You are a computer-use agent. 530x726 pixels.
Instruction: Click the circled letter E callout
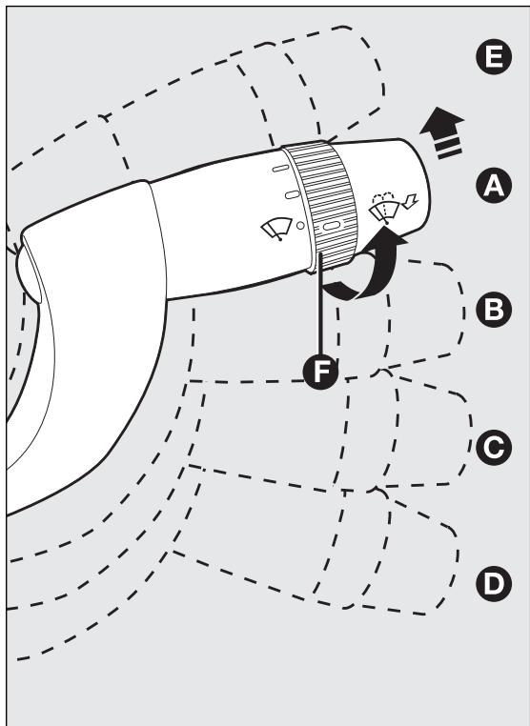494,56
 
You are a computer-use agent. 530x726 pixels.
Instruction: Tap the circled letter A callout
494,185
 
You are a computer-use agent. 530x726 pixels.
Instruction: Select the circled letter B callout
494,310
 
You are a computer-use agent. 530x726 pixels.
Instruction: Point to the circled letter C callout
494,447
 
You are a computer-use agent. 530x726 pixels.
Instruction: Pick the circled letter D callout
494,583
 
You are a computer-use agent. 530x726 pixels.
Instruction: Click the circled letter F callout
320,372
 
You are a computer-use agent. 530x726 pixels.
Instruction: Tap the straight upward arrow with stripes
443,132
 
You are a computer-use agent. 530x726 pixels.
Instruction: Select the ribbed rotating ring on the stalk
321,206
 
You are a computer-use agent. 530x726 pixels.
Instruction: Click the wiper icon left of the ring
277,229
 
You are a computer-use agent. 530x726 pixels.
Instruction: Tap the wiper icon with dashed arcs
384,208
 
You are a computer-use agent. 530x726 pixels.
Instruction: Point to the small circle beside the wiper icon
300,226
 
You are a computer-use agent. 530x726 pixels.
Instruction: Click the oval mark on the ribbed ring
332,226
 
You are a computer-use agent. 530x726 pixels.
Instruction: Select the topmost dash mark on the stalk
281,168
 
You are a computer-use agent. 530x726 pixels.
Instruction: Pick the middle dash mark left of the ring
292,194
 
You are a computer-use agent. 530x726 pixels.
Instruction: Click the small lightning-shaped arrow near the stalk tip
411,201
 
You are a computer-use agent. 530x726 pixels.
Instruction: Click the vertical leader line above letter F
320,305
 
